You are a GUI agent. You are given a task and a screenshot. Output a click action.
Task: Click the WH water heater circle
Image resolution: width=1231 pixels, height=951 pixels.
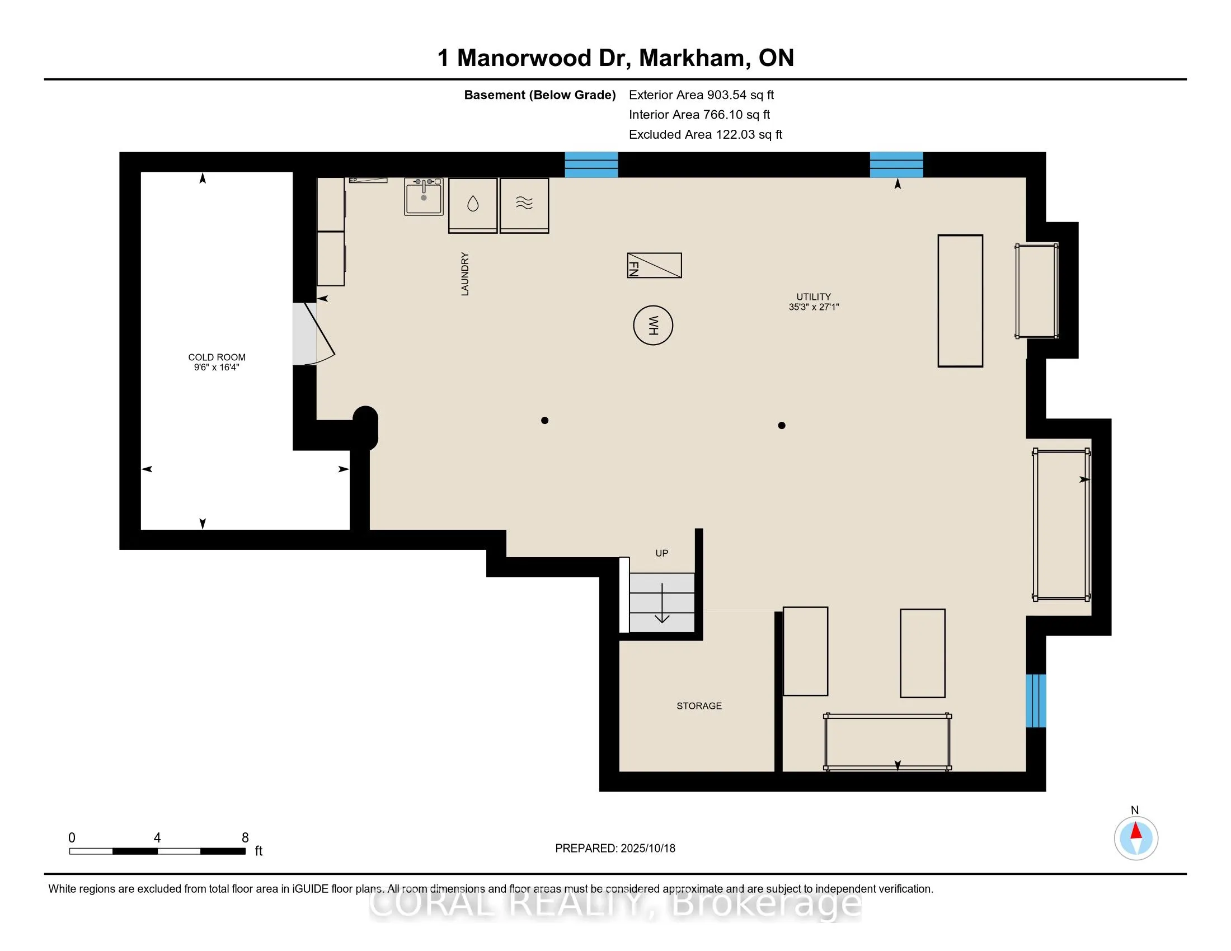pos(652,325)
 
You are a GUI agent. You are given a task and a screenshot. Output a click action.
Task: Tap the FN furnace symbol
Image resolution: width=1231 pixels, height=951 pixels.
pos(655,265)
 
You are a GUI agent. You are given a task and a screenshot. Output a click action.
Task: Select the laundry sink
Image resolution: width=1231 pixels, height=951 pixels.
pos(424,196)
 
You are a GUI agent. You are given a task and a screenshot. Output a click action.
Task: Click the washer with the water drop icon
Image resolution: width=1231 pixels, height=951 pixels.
pos(473,205)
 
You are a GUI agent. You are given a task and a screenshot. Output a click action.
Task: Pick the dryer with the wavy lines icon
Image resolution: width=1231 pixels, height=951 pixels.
pos(524,205)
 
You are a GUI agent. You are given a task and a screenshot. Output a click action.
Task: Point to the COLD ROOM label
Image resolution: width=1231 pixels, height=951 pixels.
pos(217,357)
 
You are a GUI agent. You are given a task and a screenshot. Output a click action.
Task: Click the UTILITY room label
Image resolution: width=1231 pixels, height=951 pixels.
pos(814,296)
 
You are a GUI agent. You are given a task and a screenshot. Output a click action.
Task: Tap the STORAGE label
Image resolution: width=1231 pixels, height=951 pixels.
pos(699,705)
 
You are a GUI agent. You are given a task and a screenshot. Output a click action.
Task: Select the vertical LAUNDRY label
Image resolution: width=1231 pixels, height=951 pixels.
pos(465,274)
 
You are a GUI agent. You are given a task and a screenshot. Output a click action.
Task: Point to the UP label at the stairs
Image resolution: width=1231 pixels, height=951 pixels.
pos(662,553)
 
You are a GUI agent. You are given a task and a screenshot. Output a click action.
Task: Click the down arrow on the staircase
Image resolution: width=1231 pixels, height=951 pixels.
pos(662,603)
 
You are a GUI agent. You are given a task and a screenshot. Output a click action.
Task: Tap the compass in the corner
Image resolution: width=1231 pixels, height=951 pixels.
pos(1136,839)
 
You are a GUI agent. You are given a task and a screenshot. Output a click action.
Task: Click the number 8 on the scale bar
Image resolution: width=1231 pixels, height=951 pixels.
pos(245,838)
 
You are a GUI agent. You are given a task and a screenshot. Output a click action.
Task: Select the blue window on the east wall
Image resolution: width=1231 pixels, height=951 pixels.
pos(1036,701)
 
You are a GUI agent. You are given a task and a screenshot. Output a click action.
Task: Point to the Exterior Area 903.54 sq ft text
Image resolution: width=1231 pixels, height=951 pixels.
pos(702,95)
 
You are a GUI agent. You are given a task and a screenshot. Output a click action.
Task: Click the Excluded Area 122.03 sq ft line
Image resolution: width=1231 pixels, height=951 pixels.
pos(706,134)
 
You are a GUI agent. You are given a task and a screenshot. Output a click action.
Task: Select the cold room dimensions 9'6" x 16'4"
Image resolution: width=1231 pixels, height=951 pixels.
pos(217,368)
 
